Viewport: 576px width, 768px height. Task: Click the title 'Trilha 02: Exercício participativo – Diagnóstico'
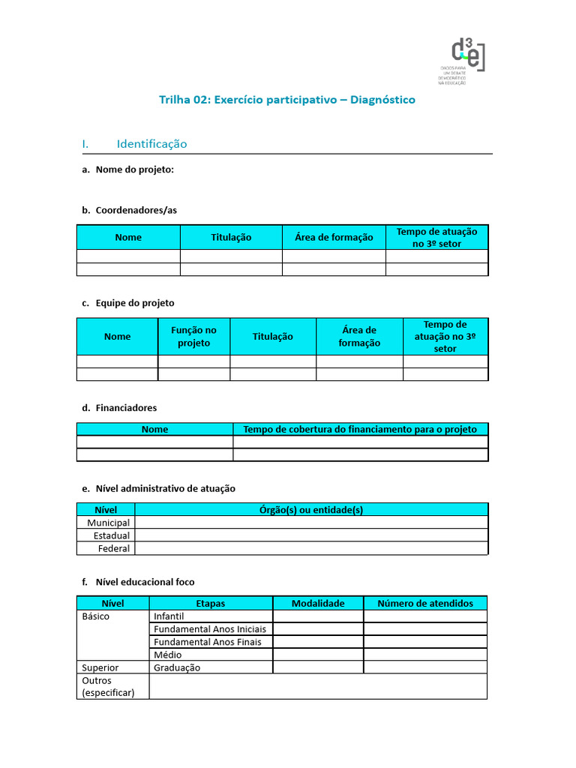click(287, 100)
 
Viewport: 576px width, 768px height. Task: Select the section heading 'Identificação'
click(151, 144)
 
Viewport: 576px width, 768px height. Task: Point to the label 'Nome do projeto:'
click(134, 169)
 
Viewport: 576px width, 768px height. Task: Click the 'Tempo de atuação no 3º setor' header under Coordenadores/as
click(436, 238)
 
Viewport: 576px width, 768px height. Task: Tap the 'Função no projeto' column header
click(193, 337)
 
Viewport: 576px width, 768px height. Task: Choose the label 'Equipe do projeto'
click(135, 303)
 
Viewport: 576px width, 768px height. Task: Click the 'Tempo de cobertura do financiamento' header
click(360, 430)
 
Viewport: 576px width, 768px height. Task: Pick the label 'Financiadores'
click(126, 408)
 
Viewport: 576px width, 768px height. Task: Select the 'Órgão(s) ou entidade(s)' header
click(310, 510)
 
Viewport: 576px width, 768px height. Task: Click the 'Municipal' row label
click(108, 523)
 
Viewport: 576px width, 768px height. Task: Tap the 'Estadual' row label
click(112, 535)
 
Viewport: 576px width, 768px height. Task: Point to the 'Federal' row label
click(114, 548)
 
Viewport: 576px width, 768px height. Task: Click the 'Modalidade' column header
click(318, 603)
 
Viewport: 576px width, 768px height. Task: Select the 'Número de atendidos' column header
click(425, 603)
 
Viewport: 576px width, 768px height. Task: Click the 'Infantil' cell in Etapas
click(169, 616)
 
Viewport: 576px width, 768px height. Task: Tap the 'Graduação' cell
click(177, 667)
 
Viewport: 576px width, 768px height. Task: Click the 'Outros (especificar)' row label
click(108, 686)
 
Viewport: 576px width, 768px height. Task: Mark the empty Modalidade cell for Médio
click(318, 655)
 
